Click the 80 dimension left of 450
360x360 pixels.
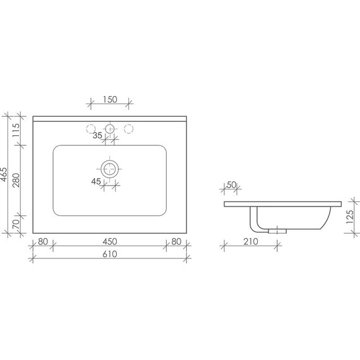click(x=43, y=241)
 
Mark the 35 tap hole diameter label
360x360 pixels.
click(x=97, y=135)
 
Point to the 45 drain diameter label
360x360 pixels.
click(x=96, y=182)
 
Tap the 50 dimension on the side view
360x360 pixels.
click(x=231, y=184)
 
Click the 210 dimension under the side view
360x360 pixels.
click(x=251, y=241)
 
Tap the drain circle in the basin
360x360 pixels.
click(x=111, y=169)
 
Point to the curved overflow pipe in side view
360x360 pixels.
click(x=255, y=220)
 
